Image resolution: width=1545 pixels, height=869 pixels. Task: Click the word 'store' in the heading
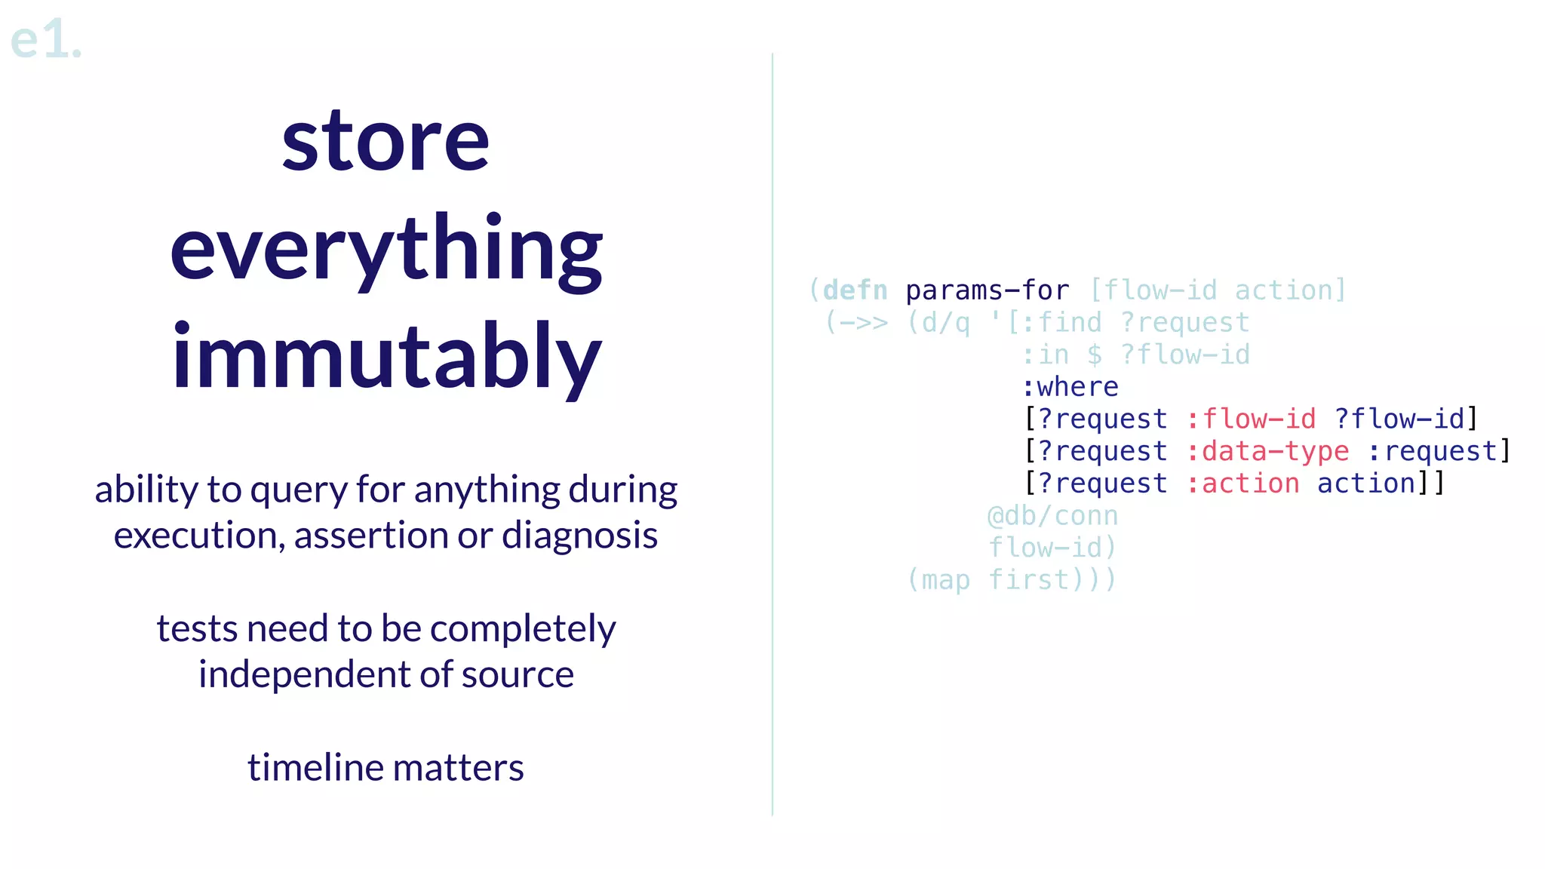[x=385, y=141]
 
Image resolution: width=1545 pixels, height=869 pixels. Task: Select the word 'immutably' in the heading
[x=385, y=356]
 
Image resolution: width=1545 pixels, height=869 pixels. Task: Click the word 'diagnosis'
[x=579, y=536]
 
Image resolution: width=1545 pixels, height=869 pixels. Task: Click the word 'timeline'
[x=315, y=768]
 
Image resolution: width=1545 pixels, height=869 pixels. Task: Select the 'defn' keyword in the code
[x=855, y=290]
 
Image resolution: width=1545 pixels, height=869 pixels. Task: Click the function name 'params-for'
[x=987, y=290]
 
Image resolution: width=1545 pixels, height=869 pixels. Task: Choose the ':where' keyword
[x=1070, y=387]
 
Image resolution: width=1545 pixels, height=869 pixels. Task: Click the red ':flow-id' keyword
[x=1251, y=419]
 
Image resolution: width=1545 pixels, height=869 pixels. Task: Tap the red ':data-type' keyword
[x=1267, y=451]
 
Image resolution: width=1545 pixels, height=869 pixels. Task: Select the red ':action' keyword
[x=1242, y=484]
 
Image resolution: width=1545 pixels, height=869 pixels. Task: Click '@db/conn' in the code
[x=1052, y=516]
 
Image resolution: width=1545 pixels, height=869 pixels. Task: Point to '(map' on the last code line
[x=938, y=580]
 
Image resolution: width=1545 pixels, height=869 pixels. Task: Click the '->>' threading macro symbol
[x=864, y=323]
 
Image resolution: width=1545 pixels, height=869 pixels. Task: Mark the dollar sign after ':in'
[x=1094, y=355]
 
